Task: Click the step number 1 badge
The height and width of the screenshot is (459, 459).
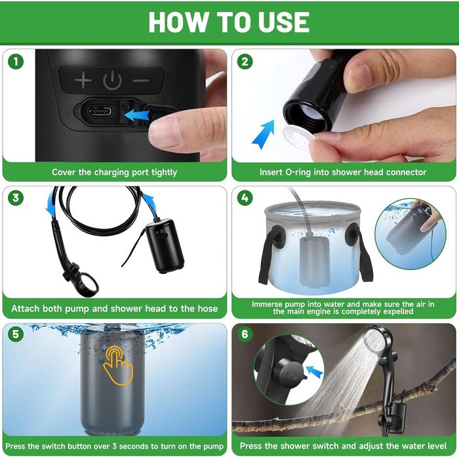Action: pos(16,62)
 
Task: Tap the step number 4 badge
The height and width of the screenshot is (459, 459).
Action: pos(245,198)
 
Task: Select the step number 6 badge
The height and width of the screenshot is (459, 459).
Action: pos(245,334)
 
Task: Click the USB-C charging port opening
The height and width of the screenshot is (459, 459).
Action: pos(100,111)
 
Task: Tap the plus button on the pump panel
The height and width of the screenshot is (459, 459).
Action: pos(83,79)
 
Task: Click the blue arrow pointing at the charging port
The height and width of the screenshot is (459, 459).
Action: pos(136,115)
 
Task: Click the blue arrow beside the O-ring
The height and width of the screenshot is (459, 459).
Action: pos(264,134)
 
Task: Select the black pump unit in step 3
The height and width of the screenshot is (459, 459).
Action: pos(165,246)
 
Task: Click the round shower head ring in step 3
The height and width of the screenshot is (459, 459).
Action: pos(89,285)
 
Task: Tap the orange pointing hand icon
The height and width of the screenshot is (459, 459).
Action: pos(118,365)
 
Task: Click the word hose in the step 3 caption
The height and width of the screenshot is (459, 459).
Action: pos(208,309)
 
